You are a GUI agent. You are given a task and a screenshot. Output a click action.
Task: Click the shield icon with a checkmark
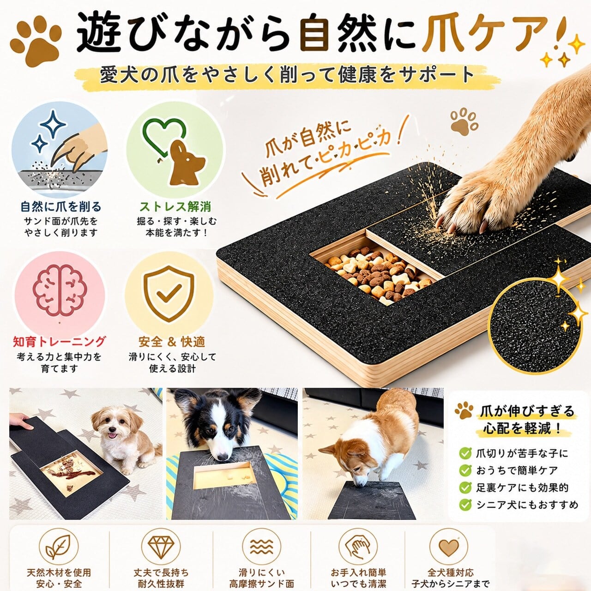[169, 293]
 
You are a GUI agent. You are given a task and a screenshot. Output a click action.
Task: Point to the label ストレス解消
[175, 207]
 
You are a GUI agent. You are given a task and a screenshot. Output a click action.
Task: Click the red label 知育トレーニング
[60, 342]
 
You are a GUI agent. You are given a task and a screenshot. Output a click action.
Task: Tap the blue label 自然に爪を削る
[61, 207]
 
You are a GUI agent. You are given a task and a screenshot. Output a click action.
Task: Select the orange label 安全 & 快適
[172, 342]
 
